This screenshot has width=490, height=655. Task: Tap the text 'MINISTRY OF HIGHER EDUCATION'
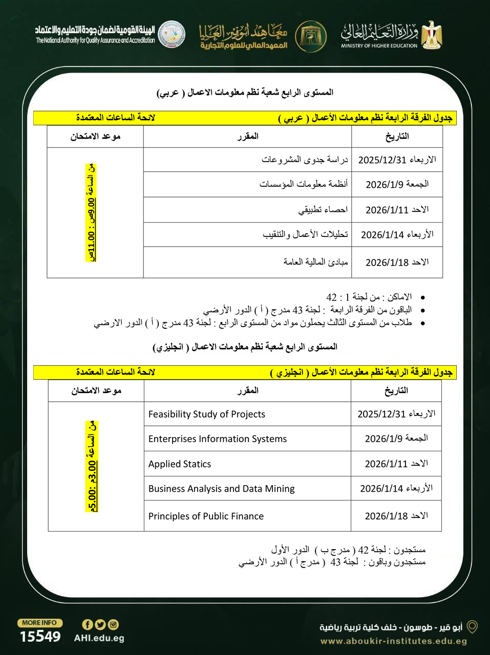pyautogui.click(x=379, y=46)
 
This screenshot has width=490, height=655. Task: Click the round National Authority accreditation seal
pyautogui.click(x=172, y=34)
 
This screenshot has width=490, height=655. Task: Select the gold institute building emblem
pyautogui.click(x=311, y=35)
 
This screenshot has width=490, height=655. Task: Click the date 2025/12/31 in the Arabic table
pyautogui.click(x=397, y=160)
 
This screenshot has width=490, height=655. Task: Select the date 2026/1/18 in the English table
pyautogui.click(x=396, y=516)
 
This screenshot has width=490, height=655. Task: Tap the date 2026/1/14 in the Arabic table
pyautogui.click(x=397, y=235)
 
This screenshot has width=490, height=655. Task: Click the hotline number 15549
pyautogui.click(x=40, y=637)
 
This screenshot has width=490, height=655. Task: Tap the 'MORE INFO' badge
pyautogui.click(x=40, y=623)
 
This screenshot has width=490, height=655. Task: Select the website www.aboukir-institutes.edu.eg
pyautogui.click(x=393, y=641)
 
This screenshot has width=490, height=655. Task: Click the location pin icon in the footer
pyautogui.click(x=472, y=627)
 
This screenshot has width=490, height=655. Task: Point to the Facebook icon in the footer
pyautogui.click(x=88, y=624)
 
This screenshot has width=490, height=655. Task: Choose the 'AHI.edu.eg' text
pyautogui.click(x=99, y=638)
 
